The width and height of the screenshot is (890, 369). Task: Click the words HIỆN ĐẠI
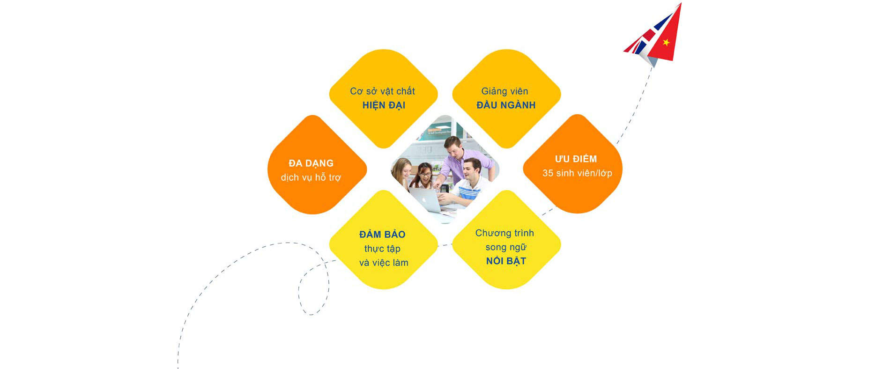click(384, 105)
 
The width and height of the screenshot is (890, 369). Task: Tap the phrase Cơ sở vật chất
click(383, 91)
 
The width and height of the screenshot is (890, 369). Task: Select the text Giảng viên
click(504, 91)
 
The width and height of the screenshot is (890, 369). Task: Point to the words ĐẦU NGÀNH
click(506, 105)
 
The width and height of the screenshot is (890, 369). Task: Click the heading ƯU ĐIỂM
click(576, 159)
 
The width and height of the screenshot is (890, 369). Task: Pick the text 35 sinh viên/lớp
click(577, 173)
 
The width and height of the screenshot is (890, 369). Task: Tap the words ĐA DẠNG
click(311, 163)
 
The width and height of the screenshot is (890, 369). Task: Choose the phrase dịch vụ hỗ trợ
click(311, 177)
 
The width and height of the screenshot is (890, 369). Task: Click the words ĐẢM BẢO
click(382, 234)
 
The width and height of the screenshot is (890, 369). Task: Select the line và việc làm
click(384, 263)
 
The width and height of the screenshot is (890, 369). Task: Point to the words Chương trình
click(504, 233)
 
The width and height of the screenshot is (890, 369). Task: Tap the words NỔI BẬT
click(506, 261)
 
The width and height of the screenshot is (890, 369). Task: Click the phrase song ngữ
click(506, 247)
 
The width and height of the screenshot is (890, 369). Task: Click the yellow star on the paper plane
click(666, 43)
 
